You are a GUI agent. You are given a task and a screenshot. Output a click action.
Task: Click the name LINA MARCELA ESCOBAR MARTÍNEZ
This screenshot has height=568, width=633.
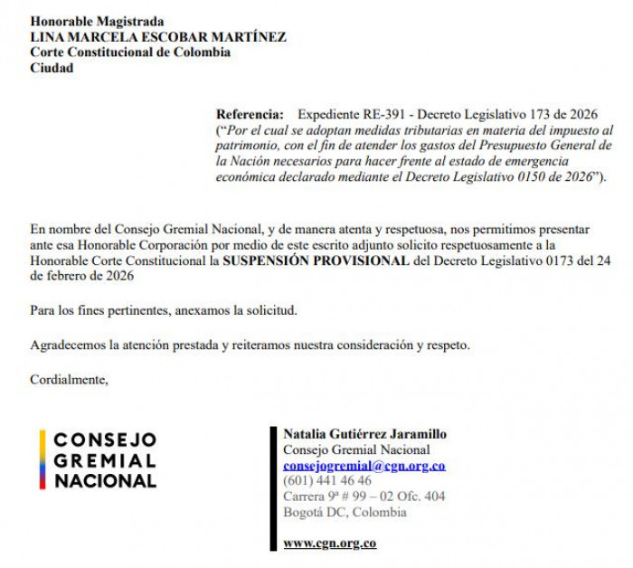158,37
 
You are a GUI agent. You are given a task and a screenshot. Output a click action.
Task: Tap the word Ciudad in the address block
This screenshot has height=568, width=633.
52,68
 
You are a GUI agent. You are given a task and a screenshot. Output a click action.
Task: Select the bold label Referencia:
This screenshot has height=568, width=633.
250,115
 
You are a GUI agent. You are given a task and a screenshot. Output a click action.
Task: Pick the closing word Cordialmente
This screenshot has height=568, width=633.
69,379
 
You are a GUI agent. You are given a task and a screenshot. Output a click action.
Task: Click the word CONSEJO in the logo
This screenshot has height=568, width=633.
105,440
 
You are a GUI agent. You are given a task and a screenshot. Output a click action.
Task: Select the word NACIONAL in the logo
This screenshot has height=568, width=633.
105,480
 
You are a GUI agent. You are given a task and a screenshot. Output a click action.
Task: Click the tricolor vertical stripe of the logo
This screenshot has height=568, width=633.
42,459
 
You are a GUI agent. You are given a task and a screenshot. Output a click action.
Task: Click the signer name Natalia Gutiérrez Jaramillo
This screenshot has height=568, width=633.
364,434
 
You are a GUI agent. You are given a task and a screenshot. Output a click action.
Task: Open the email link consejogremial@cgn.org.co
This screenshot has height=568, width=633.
364,466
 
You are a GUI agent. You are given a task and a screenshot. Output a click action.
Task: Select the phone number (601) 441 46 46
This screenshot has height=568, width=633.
327,481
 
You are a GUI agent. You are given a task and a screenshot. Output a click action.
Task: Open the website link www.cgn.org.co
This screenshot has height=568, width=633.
329,544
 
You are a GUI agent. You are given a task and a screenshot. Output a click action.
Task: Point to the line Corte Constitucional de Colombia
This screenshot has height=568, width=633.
130,52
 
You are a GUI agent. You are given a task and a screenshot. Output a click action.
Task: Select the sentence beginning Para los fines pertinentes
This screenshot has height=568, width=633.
164,311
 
